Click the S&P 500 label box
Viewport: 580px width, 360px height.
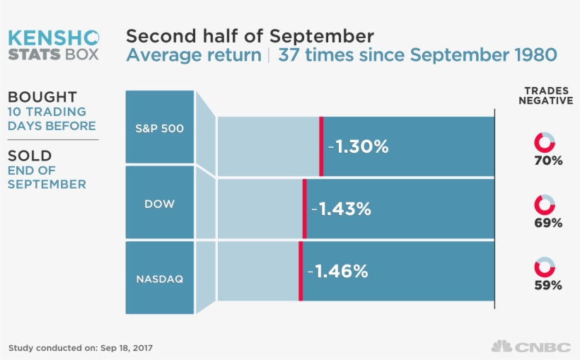pyautogui.click(x=159, y=127)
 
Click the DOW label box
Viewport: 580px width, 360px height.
pyautogui.click(x=159, y=203)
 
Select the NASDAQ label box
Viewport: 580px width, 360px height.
pyautogui.click(x=159, y=278)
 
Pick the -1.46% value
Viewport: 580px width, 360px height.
pyautogui.click(x=337, y=271)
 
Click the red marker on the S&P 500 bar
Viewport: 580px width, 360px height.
pyautogui.click(x=321, y=146)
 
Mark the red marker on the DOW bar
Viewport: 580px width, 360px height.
pyautogui.click(x=304, y=209)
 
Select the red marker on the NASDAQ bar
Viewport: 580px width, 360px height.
pyautogui.click(x=301, y=271)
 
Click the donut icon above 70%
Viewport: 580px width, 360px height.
pyautogui.click(x=544, y=142)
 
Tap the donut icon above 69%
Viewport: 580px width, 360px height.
pyautogui.click(x=544, y=205)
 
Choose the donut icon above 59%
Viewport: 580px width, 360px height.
pyautogui.click(x=544, y=267)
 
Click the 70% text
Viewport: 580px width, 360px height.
pyautogui.click(x=548, y=161)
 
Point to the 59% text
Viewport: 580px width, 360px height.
pyautogui.click(x=548, y=286)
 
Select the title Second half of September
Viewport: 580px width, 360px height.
pyautogui.click(x=250, y=36)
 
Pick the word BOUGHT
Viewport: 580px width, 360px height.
pyautogui.click(x=42, y=98)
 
